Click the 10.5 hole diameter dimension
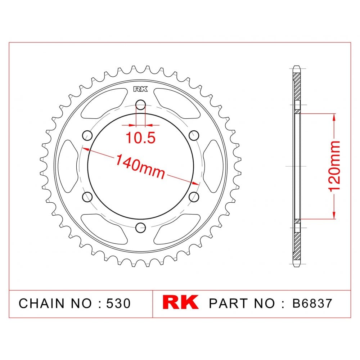point(140,138)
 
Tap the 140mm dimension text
point(140,166)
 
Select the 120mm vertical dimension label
point(334,166)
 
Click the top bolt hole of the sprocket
point(140,105)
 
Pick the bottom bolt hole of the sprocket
point(140,228)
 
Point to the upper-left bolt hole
point(87,135)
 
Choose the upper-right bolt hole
point(194,135)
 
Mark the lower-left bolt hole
point(87,197)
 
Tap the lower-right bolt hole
point(194,197)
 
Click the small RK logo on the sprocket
point(140,89)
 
